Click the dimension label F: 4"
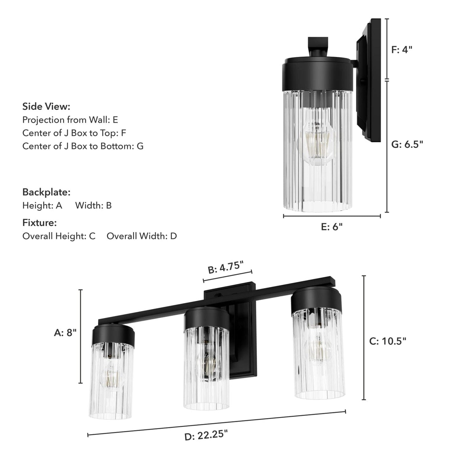(x=401, y=50)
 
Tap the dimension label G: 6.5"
(x=407, y=145)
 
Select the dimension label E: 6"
(x=332, y=227)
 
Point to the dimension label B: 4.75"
(x=226, y=267)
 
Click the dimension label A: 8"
(x=65, y=333)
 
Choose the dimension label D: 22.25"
(x=206, y=435)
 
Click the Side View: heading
(x=46, y=106)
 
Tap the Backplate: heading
(x=46, y=192)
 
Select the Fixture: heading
(x=39, y=223)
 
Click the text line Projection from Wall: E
(x=70, y=120)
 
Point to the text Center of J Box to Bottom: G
(x=83, y=146)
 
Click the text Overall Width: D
(x=142, y=236)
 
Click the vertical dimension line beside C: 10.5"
(x=364, y=337)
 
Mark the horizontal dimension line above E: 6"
(x=332, y=216)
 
